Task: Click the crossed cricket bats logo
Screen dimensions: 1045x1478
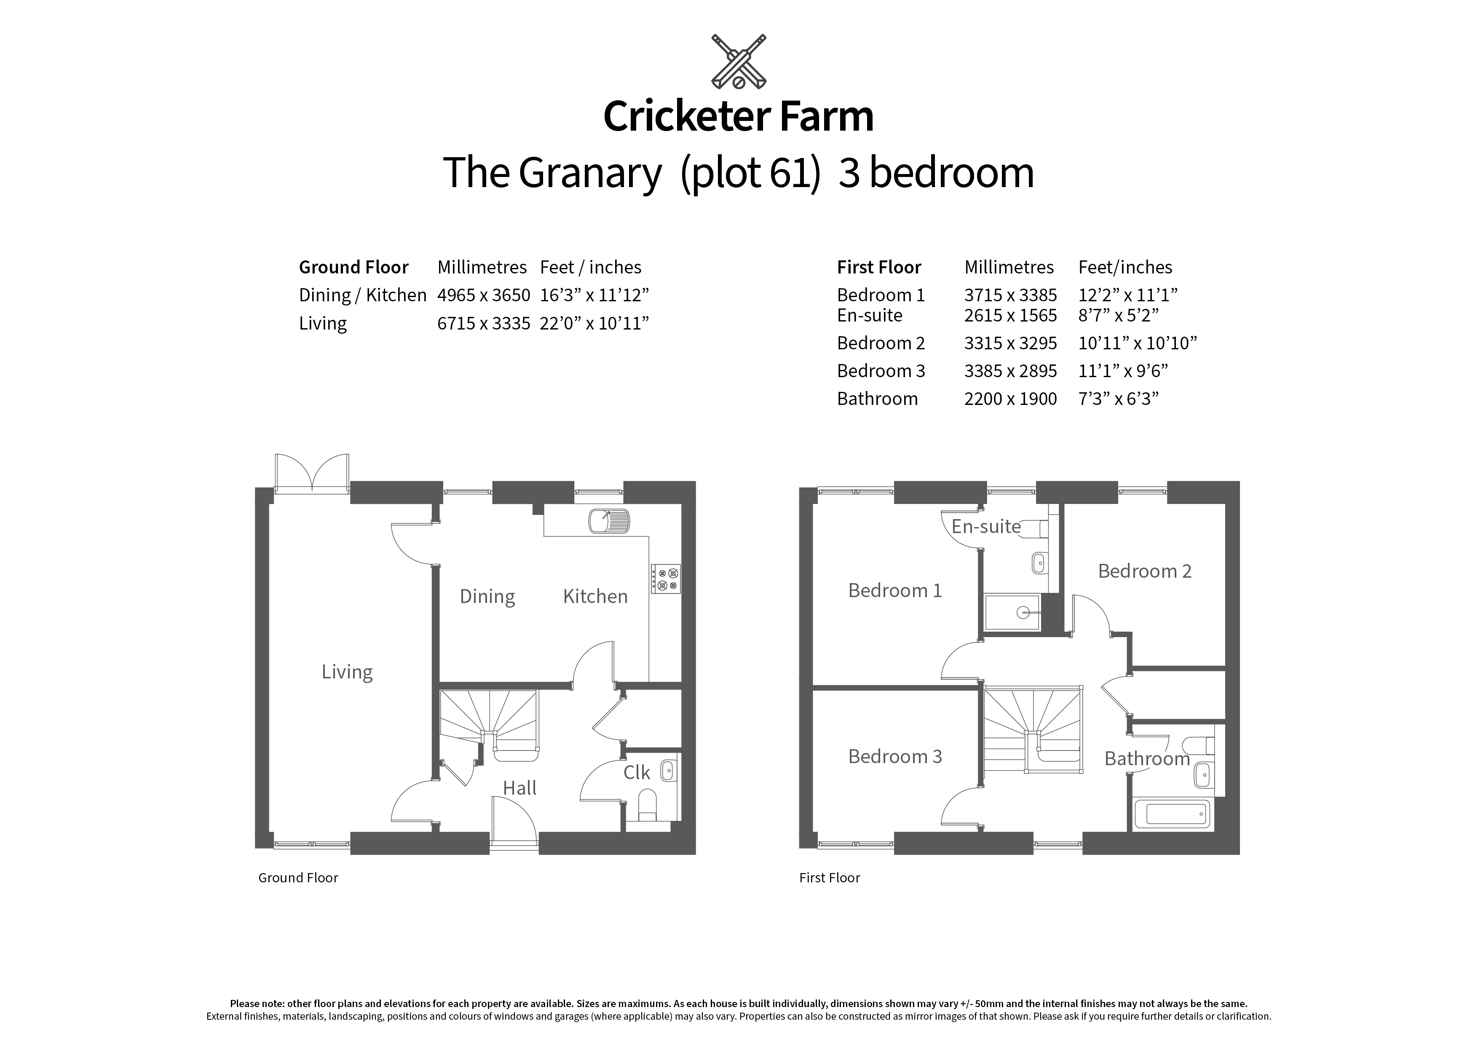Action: coord(738,62)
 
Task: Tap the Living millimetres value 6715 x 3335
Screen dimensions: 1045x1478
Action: coord(483,323)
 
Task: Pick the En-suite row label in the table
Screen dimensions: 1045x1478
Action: coord(869,316)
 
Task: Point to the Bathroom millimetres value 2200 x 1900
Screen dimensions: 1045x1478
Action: coord(1010,399)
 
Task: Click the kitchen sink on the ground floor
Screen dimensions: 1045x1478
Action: coord(608,520)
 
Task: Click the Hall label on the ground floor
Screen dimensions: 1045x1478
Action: coord(519,788)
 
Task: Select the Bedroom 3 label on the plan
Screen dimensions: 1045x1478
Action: coord(895,756)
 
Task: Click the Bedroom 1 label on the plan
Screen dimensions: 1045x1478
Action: coord(895,590)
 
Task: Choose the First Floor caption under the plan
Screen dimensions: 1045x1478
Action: coord(829,878)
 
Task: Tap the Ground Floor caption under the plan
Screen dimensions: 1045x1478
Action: coord(298,878)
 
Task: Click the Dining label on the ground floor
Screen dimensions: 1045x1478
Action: coord(487,597)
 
